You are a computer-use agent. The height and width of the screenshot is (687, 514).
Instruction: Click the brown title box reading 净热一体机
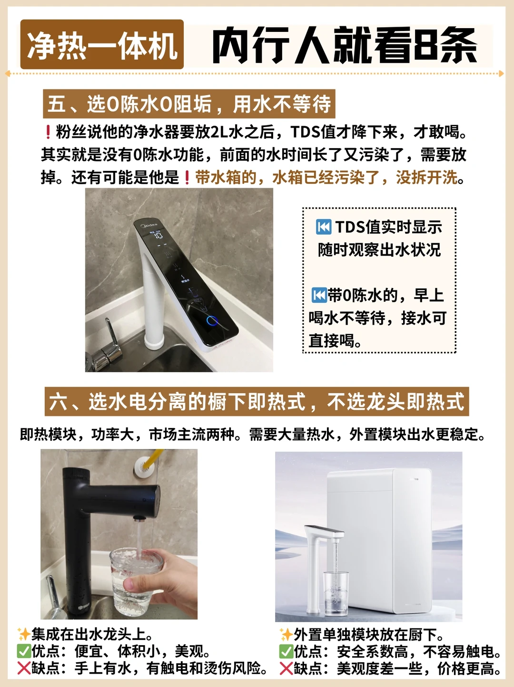click(x=102, y=44)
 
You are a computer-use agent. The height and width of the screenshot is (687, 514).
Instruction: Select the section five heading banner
click(x=189, y=104)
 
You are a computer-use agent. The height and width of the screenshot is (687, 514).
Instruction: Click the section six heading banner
click(x=257, y=401)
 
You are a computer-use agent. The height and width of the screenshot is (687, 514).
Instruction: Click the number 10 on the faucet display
click(x=159, y=235)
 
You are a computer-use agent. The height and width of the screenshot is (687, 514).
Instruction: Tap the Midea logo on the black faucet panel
click(x=149, y=225)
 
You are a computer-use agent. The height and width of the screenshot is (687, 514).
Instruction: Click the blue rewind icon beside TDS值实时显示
click(x=324, y=227)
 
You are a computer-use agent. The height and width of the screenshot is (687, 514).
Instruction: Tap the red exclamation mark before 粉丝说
click(x=48, y=132)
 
